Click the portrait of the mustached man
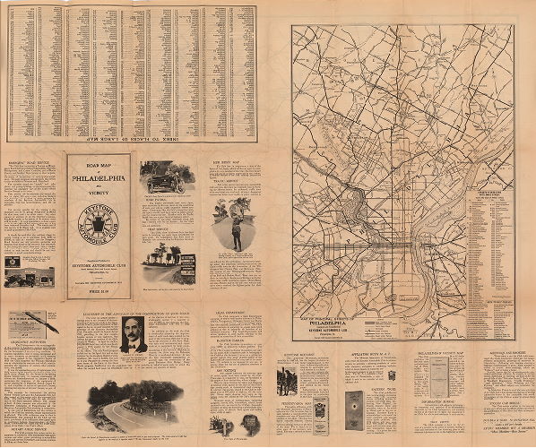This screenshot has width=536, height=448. (134, 333)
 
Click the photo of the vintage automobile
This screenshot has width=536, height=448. (163, 177)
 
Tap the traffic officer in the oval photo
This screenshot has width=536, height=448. (234, 229)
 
